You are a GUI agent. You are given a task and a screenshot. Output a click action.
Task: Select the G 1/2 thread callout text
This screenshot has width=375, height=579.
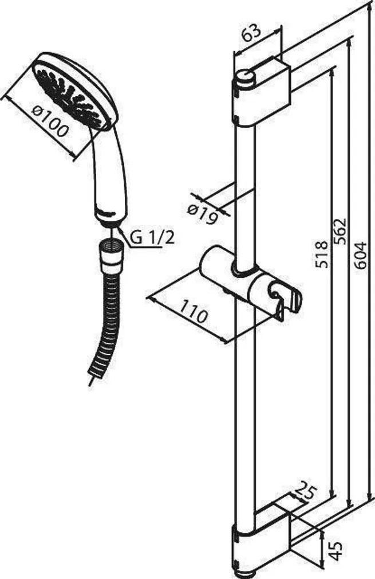tap(151, 236)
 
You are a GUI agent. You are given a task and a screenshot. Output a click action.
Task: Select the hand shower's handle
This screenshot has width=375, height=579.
tap(110, 172)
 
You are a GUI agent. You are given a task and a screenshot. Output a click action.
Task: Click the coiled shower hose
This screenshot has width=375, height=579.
tap(109, 327)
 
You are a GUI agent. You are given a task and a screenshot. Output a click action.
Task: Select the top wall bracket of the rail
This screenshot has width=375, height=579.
tap(263, 92)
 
